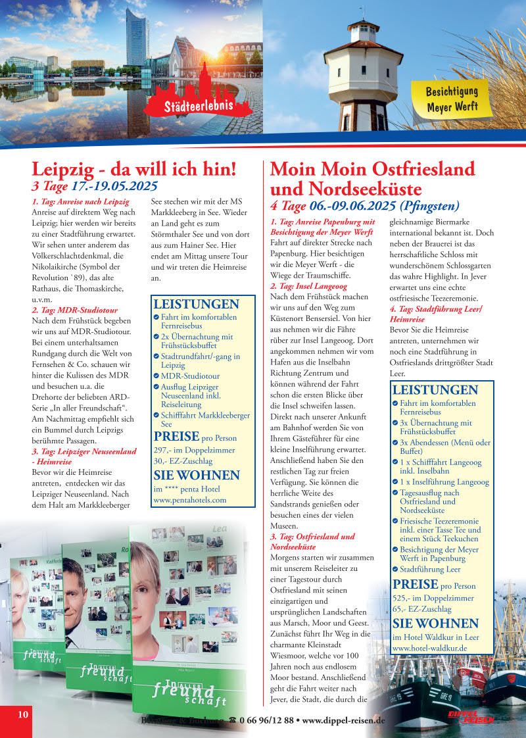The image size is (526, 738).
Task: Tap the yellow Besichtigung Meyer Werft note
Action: click(452, 98)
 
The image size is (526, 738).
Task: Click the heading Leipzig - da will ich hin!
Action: click(134, 169)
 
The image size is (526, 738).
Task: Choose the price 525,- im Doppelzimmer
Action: click(433, 599)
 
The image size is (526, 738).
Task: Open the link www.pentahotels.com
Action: click(189, 500)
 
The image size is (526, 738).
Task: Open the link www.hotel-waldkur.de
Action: click(429, 648)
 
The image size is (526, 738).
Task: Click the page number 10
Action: click(22, 715)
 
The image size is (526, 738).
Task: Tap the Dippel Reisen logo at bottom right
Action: click(471, 717)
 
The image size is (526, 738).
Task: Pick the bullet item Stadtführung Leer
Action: click(430, 569)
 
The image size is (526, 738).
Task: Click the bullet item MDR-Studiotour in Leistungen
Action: click(190, 376)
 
